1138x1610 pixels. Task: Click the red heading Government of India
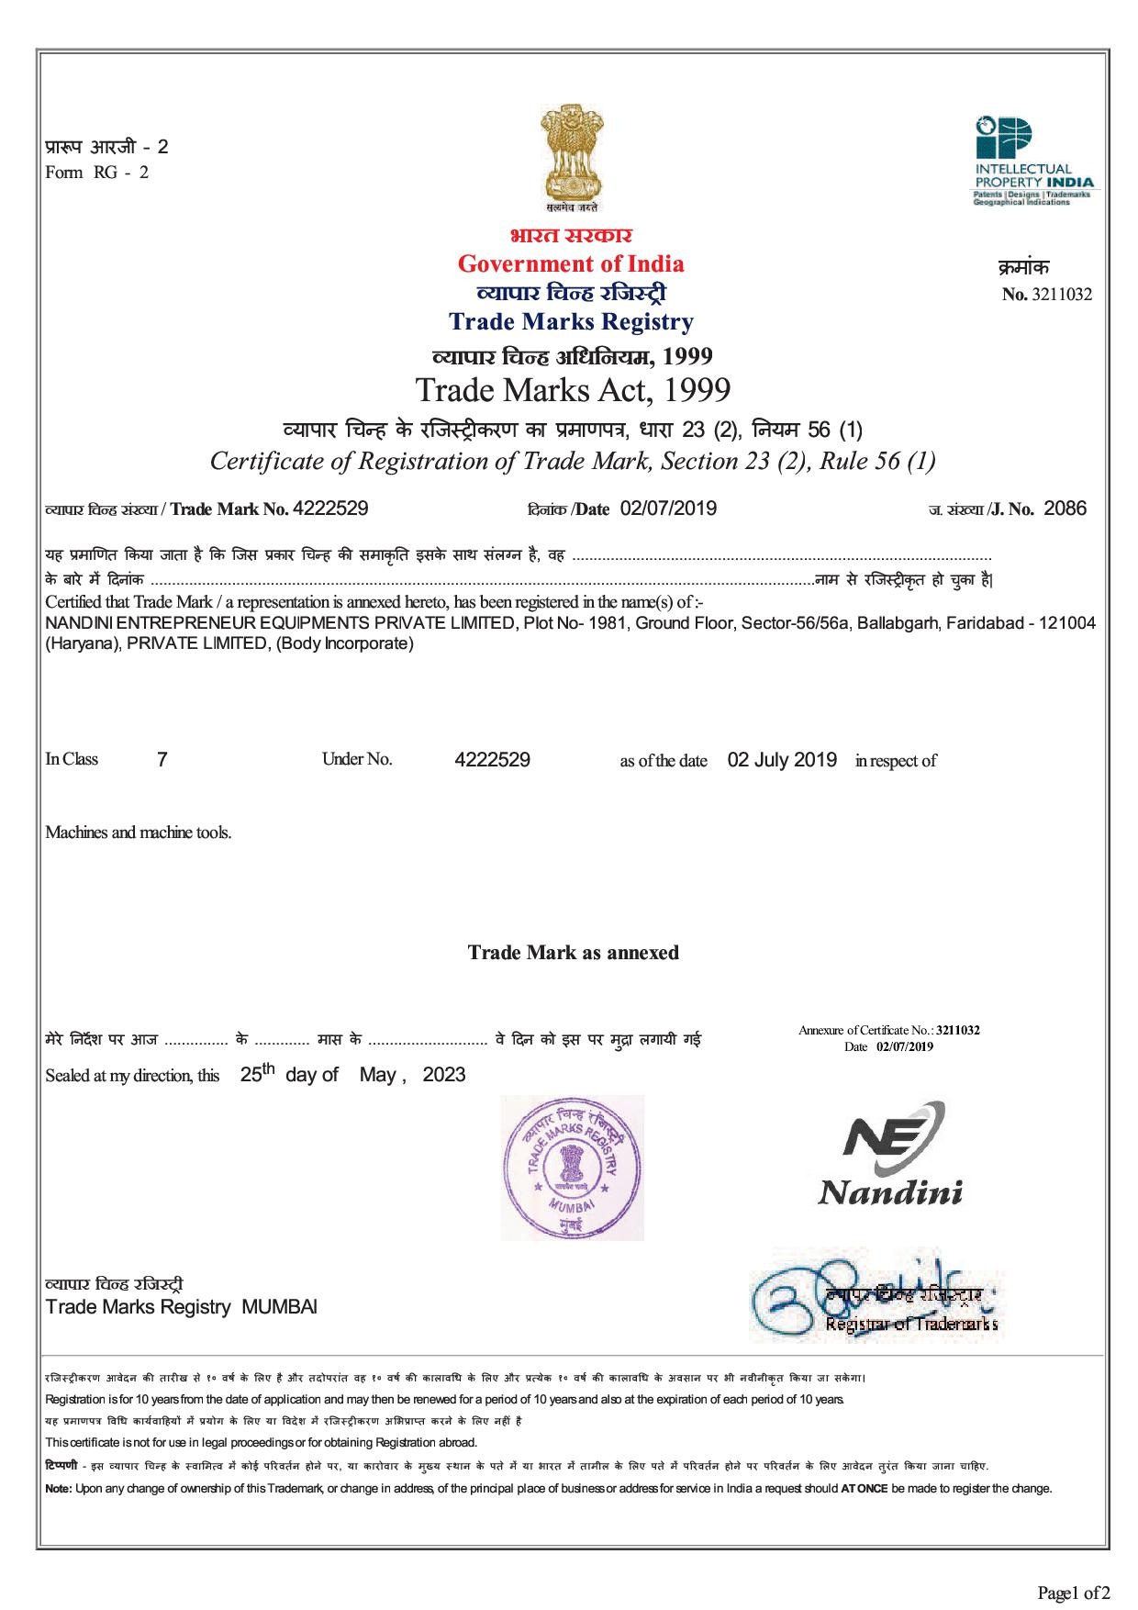(570, 264)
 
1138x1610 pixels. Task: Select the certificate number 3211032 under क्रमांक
(1062, 295)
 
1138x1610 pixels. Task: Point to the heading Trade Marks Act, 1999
(573, 390)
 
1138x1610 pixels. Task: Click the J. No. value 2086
(1065, 509)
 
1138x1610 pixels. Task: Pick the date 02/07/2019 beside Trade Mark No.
(668, 509)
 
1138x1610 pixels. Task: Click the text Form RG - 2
(96, 173)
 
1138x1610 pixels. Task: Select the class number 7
(162, 760)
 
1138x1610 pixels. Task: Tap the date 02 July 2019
(782, 760)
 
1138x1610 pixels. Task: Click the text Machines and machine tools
(139, 833)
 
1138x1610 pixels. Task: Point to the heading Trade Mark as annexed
(574, 953)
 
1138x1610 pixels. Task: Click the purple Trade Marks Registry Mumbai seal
(572, 1168)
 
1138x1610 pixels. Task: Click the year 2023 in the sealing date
(444, 1075)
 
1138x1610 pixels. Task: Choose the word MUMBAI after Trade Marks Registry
(279, 1307)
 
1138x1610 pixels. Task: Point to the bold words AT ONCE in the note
(864, 1488)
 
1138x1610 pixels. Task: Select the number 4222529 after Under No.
(492, 760)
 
